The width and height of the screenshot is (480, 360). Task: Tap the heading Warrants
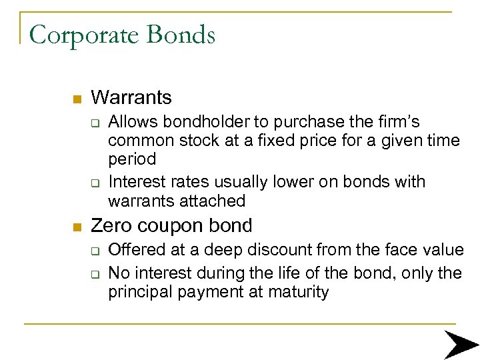pyautogui.click(x=131, y=97)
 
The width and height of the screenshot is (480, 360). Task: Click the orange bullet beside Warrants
pyautogui.click(x=77, y=99)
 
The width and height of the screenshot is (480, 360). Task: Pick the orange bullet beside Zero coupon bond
pyautogui.click(x=77, y=227)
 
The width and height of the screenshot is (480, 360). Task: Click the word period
pyautogui.click(x=132, y=160)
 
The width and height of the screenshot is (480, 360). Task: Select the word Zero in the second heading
pyautogui.click(x=111, y=226)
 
